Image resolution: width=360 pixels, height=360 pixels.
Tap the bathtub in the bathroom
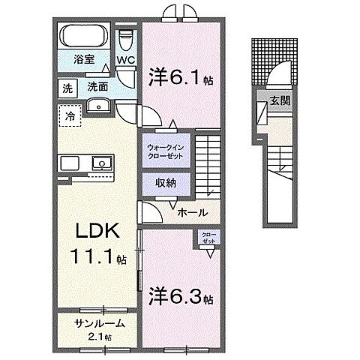tap(84, 35)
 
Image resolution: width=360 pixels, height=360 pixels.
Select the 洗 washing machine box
tap(68, 88)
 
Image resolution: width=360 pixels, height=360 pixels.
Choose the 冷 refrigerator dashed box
tap(69, 117)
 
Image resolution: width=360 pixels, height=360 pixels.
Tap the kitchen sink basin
tap(100, 162)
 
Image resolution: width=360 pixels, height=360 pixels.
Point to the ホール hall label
tap(192, 213)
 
